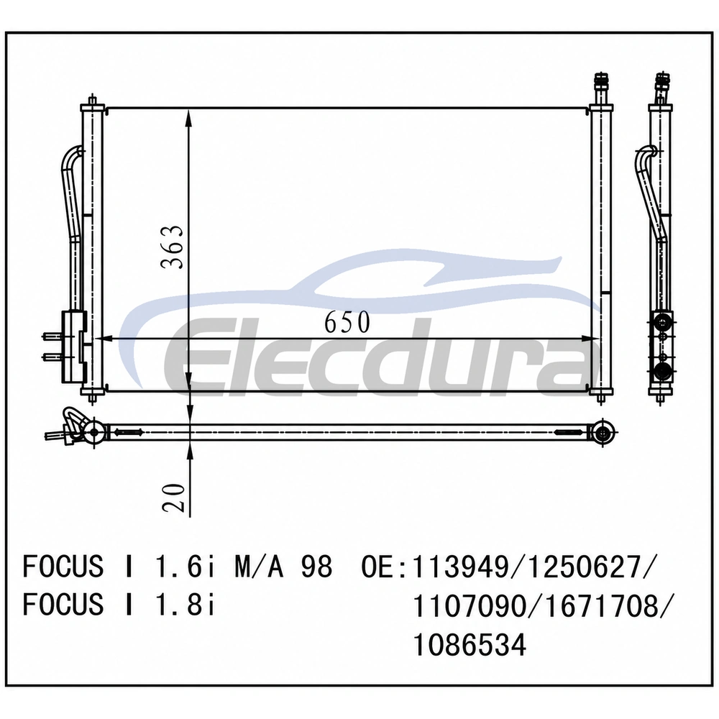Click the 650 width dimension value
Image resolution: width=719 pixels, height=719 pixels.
point(347,322)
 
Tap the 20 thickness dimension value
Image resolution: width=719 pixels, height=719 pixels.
point(173,498)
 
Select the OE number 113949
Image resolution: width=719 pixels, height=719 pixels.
point(461,567)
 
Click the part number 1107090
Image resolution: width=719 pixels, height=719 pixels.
point(469,605)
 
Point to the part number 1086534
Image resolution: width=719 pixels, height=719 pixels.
point(469,644)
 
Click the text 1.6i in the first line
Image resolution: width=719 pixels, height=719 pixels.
point(185,567)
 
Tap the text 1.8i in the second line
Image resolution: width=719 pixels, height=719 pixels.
point(185,605)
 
